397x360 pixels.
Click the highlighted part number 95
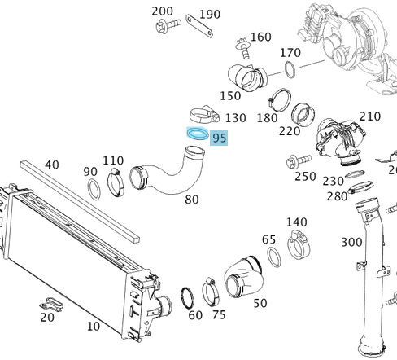[219, 138]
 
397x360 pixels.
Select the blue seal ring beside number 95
[197, 133]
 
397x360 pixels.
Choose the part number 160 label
[260, 37]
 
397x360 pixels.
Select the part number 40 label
[52, 165]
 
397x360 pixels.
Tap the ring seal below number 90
[94, 191]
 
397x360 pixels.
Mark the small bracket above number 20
[47, 304]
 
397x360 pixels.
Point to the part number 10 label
[94, 327]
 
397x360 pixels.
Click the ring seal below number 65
[276, 258]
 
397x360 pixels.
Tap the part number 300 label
[351, 242]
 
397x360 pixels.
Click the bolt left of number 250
[290, 162]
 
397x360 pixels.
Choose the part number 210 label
[369, 116]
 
